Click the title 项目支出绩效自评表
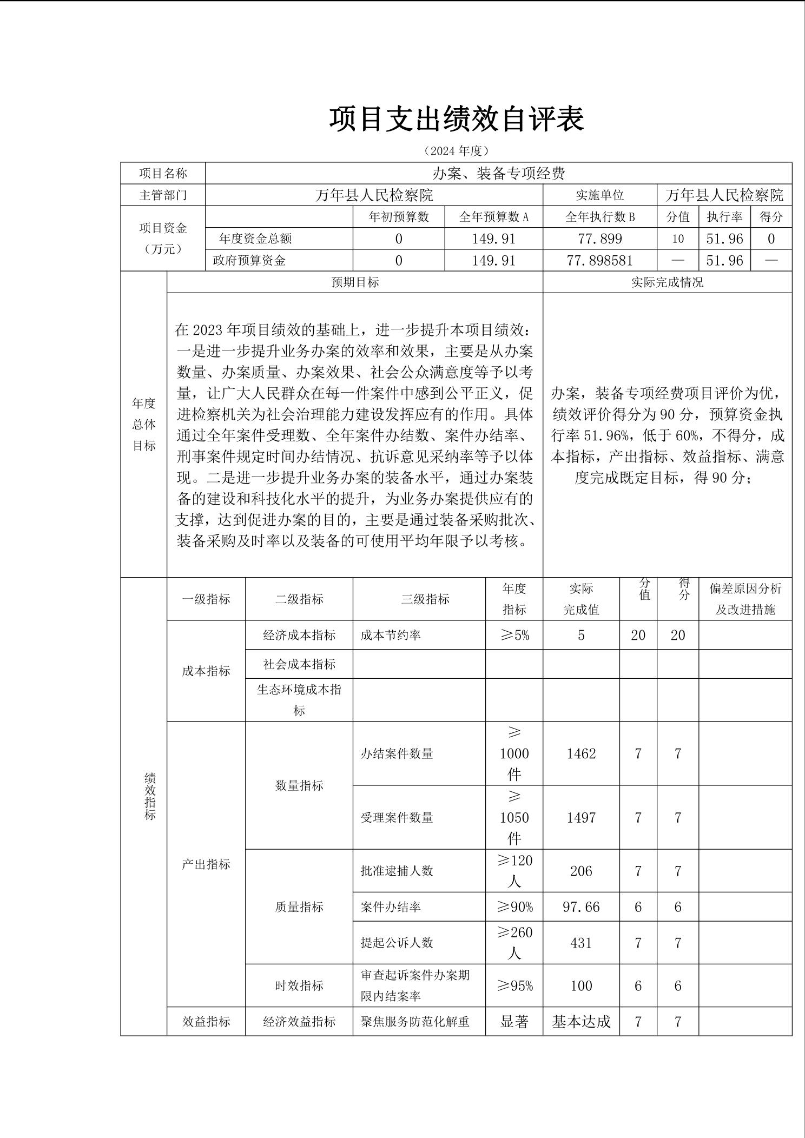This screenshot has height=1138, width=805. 457,119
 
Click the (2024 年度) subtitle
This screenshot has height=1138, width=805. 457,150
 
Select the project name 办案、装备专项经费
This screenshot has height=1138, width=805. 498,173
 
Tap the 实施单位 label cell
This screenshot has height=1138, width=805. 599,195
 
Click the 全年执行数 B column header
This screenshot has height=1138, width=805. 599,217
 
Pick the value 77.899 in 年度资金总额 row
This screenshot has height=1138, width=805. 599,239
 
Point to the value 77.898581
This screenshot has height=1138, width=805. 599,261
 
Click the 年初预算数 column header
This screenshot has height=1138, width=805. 398,217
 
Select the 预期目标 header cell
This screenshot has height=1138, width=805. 355,282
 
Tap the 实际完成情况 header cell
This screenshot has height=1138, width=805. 667,282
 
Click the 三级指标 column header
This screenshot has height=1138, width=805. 425,599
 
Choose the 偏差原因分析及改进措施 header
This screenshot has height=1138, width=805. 745,599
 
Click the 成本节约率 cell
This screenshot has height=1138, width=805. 391,635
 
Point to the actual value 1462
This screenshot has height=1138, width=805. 581,753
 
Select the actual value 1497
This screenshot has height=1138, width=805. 581,817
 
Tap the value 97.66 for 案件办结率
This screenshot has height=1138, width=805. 581,907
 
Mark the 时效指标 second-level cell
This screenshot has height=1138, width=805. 299,985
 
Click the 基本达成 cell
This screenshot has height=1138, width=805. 581,1022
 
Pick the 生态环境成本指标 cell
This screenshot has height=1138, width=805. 299,700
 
